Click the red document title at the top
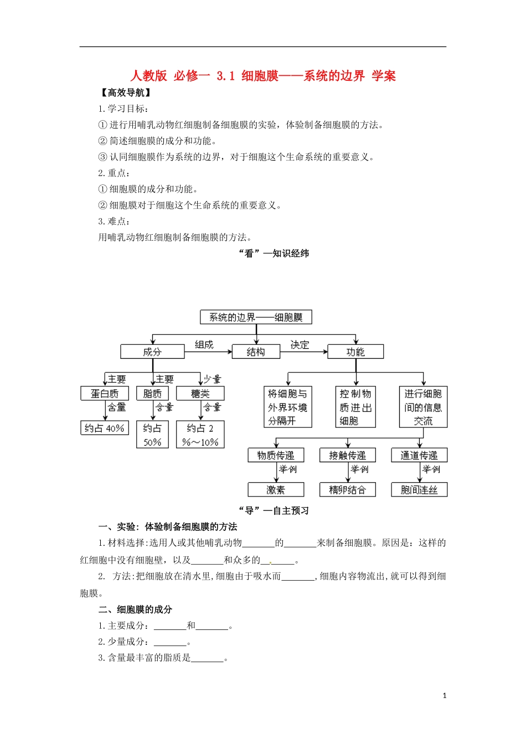[263, 76]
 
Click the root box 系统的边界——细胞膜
[256, 317]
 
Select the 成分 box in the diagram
[152, 352]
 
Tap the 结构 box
[256, 352]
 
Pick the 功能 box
[355, 352]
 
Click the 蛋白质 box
[105, 394]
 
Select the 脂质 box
[152, 394]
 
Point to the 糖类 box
[200, 394]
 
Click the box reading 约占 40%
[105, 428]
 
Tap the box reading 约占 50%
[152, 435]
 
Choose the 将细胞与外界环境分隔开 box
[287, 407]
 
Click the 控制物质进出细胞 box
[355, 407]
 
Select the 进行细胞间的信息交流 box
[423, 407]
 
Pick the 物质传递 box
[276, 455]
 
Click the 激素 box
[276, 489]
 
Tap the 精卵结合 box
[348, 489]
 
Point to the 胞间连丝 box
[419, 489]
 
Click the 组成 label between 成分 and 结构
[204, 344]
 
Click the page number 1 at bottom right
[445, 696]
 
